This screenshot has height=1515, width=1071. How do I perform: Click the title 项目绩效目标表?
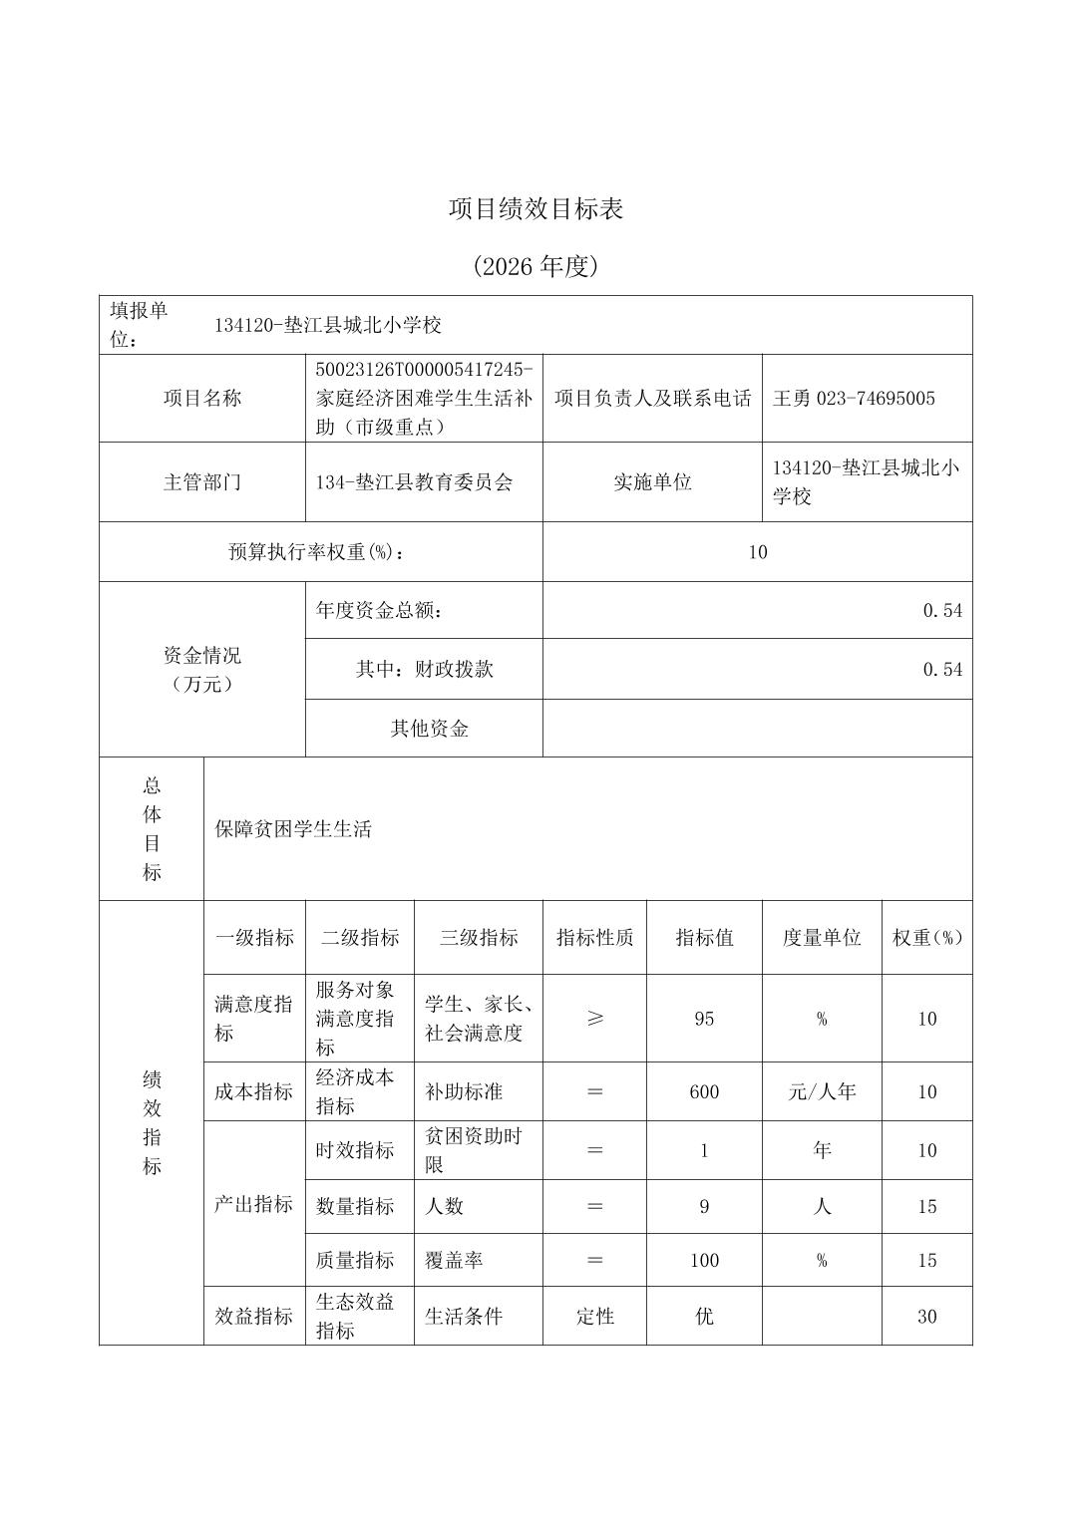click(535, 209)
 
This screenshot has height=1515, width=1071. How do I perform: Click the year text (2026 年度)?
click(535, 267)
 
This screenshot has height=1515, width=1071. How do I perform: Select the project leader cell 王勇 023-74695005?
click(854, 399)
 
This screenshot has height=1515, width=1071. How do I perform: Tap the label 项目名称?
click(202, 399)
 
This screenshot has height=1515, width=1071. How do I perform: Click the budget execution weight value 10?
click(757, 552)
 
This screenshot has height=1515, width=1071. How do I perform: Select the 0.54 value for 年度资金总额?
click(941, 611)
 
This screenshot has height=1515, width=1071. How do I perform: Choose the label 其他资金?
click(429, 729)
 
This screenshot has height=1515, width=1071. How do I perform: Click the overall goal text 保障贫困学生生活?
click(293, 829)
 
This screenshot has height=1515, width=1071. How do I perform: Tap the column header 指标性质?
click(594, 938)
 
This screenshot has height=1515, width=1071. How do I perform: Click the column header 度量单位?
click(822, 938)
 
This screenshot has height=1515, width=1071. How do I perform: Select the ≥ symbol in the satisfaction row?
click(594, 1019)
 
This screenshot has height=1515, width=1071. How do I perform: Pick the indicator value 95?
click(704, 1019)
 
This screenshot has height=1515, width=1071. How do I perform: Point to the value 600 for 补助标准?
click(704, 1092)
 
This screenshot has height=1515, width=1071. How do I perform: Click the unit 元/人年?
click(822, 1092)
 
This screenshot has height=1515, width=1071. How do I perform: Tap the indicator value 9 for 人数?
click(704, 1207)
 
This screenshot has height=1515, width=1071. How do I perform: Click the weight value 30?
click(926, 1317)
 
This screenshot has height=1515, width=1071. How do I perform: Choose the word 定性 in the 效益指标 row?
click(594, 1317)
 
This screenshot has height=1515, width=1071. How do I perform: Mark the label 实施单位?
click(652, 482)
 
